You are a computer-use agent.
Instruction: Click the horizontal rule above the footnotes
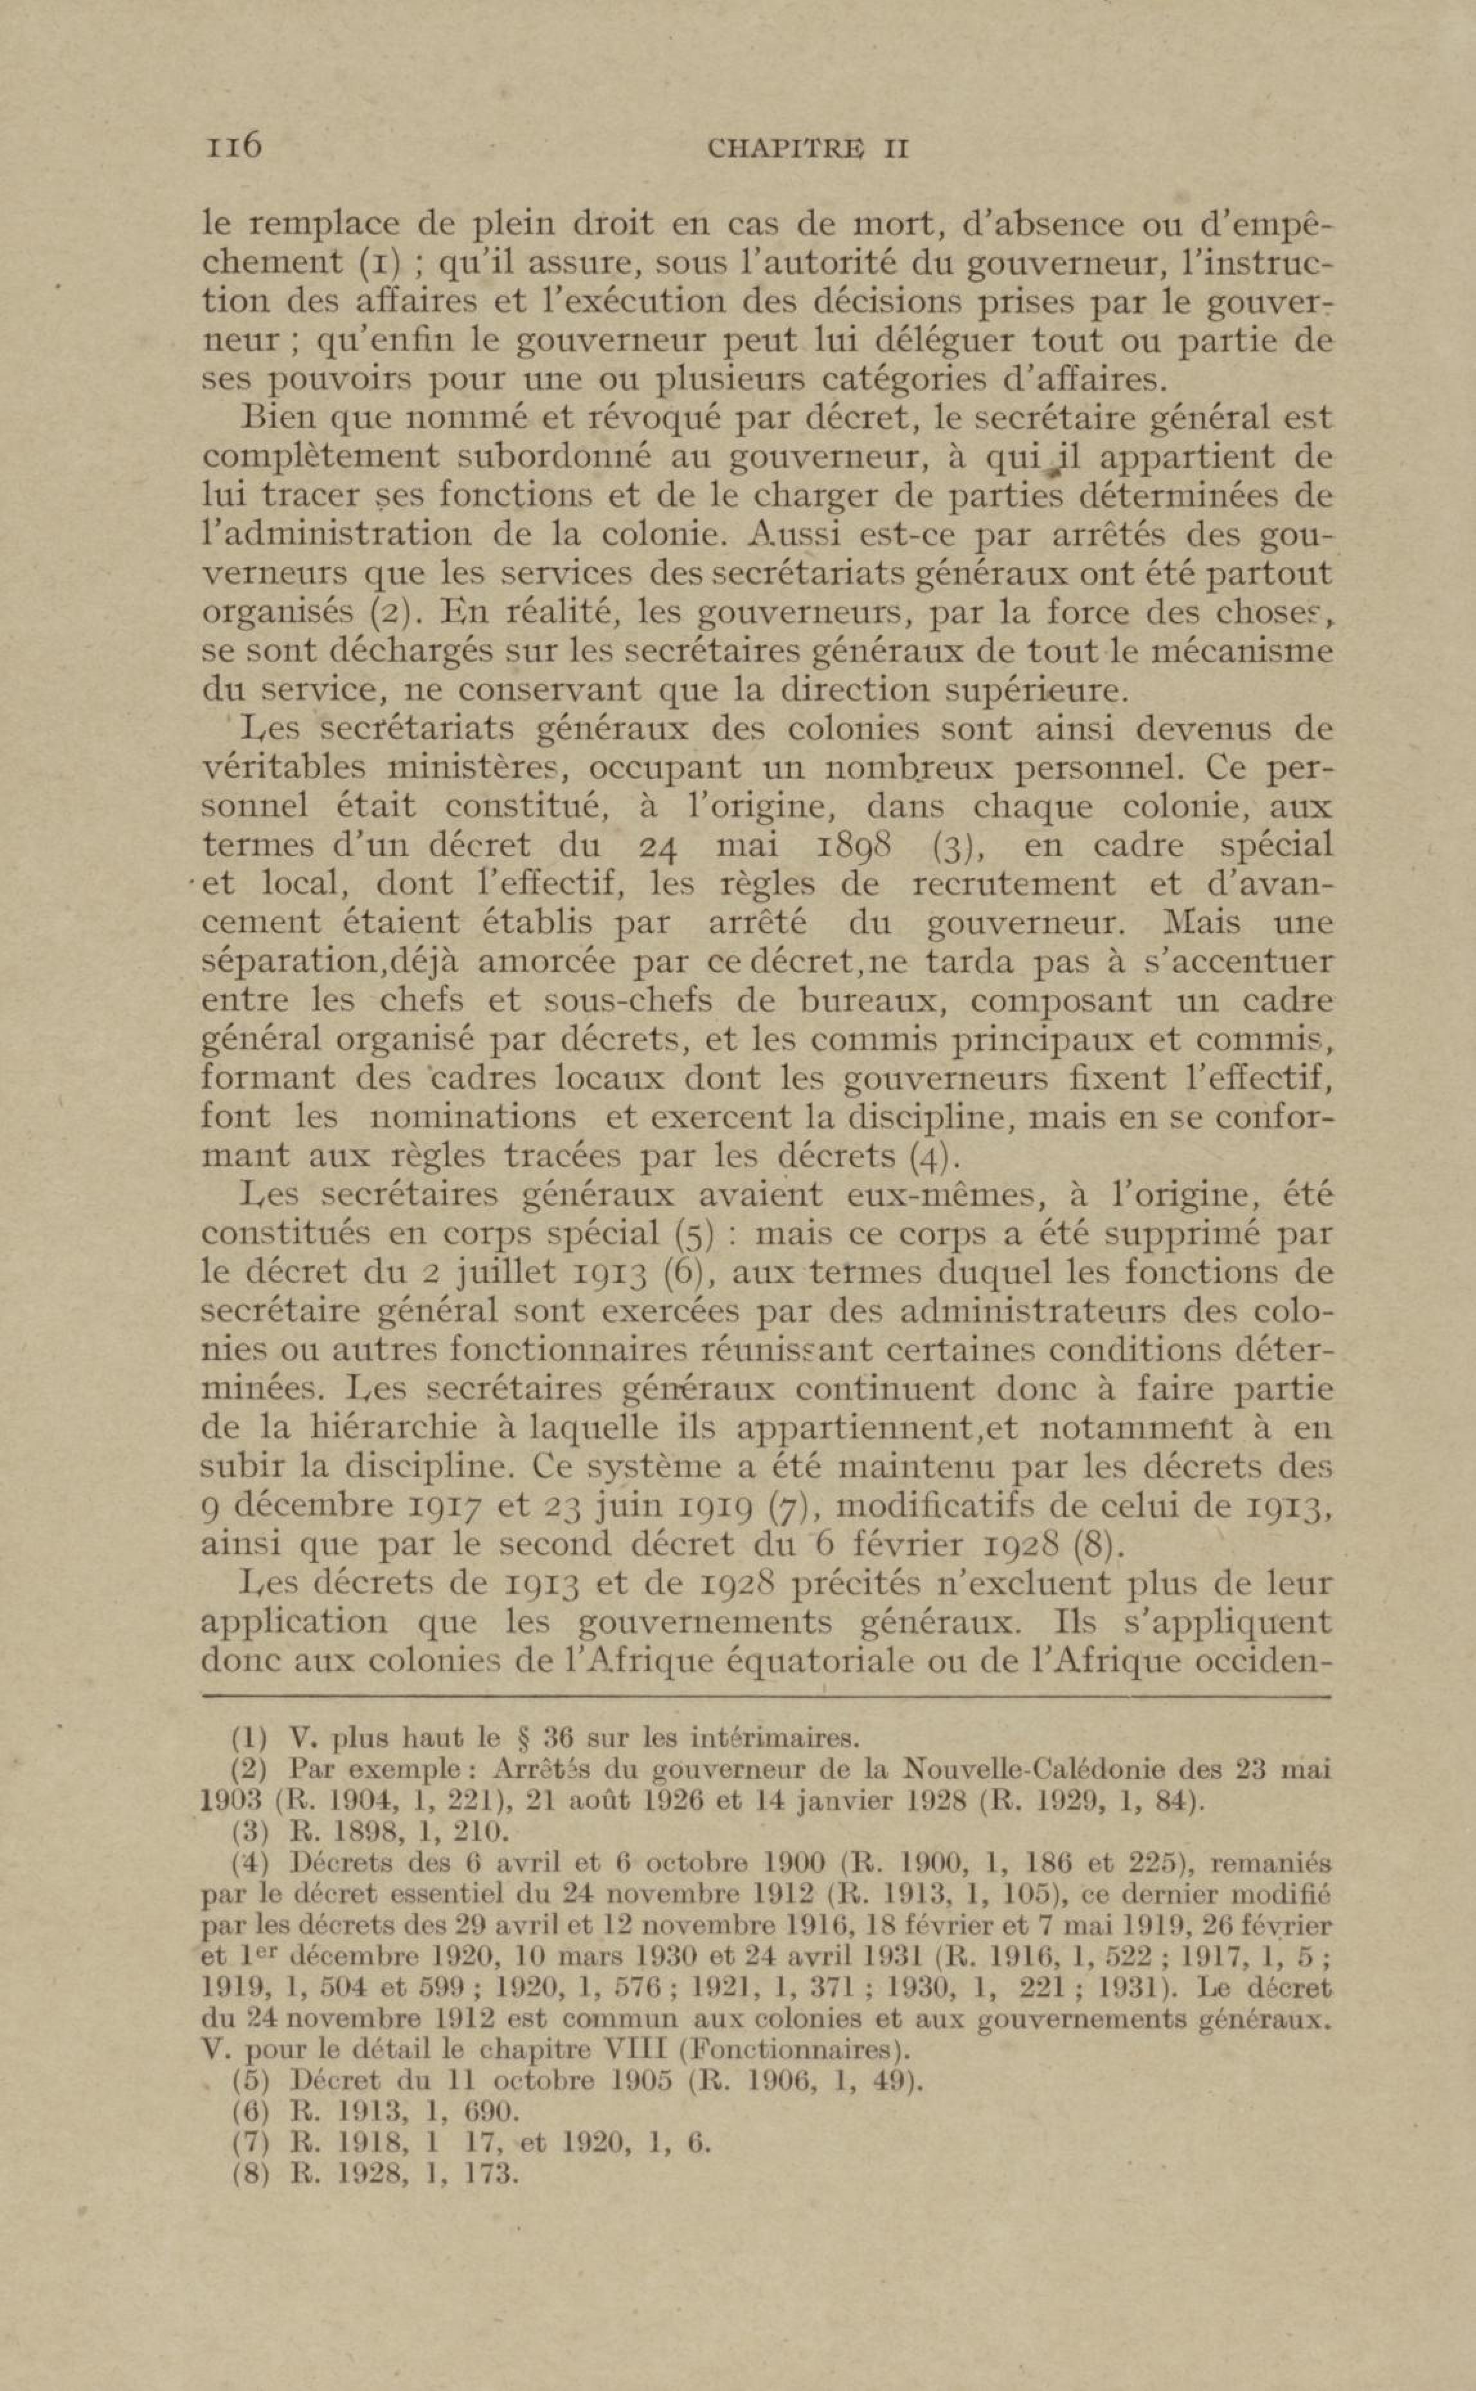point(766,1698)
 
